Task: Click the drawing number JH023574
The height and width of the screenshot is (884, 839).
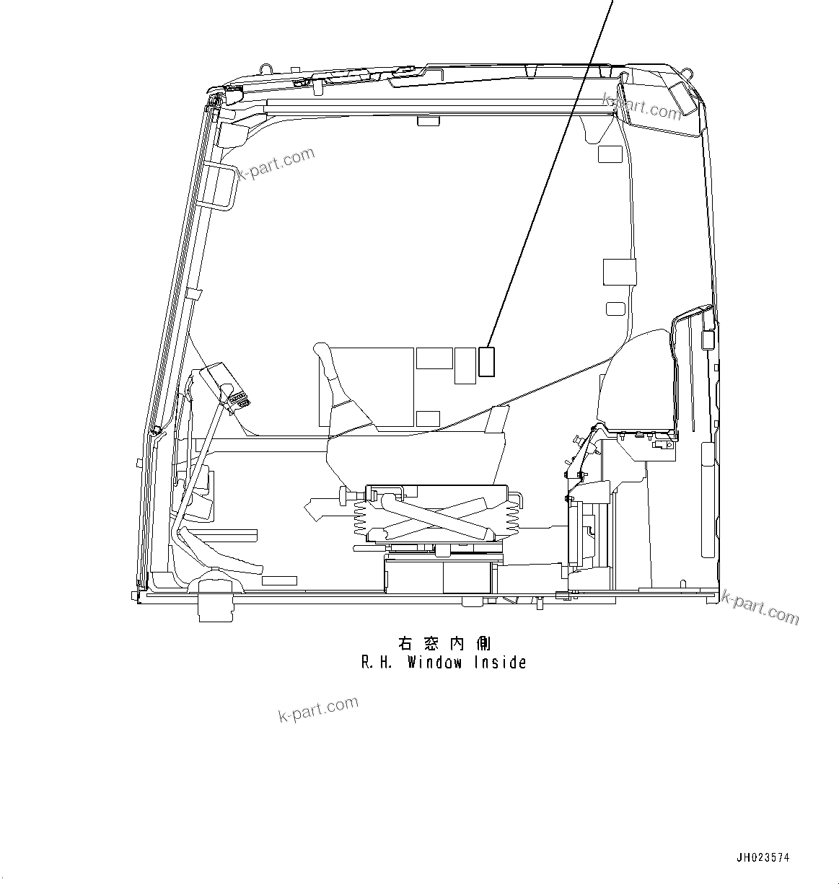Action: [763, 858]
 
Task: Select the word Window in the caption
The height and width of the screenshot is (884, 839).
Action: [434, 663]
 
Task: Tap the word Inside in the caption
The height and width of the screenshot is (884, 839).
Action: [500, 663]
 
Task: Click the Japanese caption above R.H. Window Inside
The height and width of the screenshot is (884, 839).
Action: [444, 642]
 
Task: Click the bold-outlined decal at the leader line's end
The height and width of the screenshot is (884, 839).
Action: [487, 361]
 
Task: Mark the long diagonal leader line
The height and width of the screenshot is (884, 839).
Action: [548, 180]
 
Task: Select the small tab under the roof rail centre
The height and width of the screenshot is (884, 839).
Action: [428, 122]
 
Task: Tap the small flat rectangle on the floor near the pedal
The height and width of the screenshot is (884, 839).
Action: [279, 580]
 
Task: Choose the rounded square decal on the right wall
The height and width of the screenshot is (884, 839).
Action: [615, 309]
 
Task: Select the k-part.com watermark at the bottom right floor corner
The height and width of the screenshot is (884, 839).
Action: [761, 608]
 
